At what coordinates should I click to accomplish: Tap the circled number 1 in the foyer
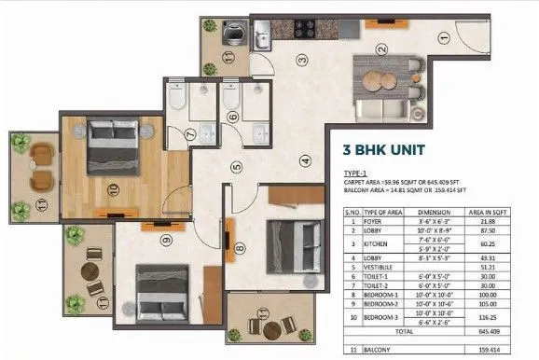[x=445, y=38]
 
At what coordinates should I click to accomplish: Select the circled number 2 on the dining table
[x=380, y=48]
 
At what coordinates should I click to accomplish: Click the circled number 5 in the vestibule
[x=237, y=169]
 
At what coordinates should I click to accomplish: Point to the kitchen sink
[x=264, y=28]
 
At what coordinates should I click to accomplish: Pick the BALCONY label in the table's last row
[x=377, y=352]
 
